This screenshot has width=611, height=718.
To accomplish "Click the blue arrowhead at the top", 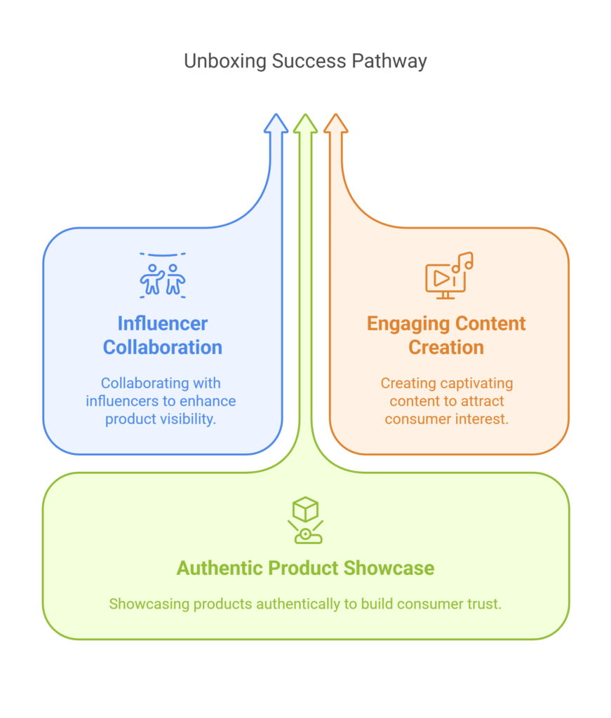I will point(276,123).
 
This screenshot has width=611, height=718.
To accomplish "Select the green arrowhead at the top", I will point(305,123).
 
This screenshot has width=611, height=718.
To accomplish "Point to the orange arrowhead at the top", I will point(335,123).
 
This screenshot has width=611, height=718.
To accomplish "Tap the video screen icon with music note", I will point(448,276).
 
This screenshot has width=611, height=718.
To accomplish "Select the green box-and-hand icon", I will point(305,520).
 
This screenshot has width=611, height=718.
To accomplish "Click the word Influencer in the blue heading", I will point(163,323).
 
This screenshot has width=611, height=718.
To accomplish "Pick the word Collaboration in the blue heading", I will point(163,347).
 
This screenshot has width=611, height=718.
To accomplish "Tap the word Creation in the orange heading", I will point(447,347).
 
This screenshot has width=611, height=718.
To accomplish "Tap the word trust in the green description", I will point(486,603).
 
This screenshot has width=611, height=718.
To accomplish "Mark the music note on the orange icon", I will point(464,262).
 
